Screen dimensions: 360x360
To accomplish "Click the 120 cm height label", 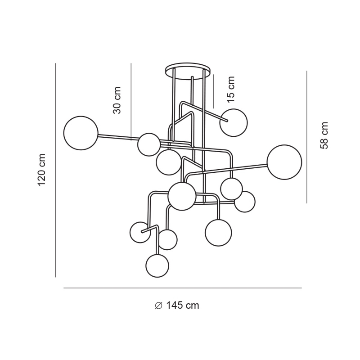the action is (x=42, y=170).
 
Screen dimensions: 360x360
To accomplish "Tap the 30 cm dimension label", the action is (x=117, y=100).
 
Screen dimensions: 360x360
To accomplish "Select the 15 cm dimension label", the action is (x=230, y=89).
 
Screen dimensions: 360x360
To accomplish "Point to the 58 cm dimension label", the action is (x=324, y=135).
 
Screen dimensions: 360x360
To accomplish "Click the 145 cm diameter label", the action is (x=182, y=306).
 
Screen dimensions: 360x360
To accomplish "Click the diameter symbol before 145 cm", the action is (x=158, y=306).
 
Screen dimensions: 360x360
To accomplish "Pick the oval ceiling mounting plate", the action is (x=188, y=71).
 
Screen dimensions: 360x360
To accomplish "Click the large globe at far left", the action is (x=81, y=133).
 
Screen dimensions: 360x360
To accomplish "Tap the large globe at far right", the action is (x=284, y=162).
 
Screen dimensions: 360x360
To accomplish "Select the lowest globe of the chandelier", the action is (x=157, y=265).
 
